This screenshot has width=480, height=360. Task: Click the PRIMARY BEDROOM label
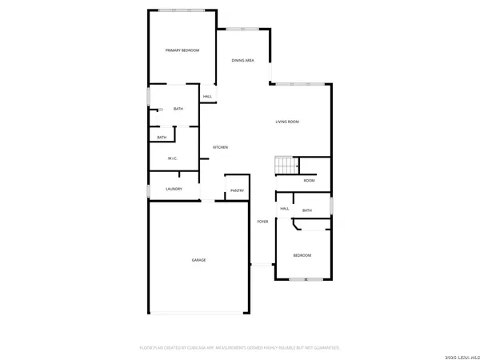(x=182, y=50)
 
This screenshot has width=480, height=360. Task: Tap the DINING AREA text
(x=243, y=61)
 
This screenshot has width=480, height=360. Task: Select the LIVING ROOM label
(x=287, y=122)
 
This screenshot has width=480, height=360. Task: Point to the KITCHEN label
(x=220, y=148)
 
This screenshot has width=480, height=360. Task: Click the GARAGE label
(x=198, y=261)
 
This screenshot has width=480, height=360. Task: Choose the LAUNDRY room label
(x=174, y=189)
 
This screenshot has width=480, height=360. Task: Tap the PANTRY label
(x=237, y=190)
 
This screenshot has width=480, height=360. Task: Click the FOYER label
(x=262, y=222)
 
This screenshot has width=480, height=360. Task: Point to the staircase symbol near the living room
(x=286, y=166)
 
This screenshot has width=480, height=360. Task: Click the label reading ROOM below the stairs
(x=309, y=181)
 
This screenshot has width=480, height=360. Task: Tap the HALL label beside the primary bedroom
(x=207, y=97)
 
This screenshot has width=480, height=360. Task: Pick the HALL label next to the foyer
(x=284, y=209)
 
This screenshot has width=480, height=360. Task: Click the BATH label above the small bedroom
(x=306, y=210)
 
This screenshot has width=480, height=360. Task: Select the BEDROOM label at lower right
(x=302, y=255)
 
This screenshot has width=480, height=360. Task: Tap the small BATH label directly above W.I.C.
(x=162, y=137)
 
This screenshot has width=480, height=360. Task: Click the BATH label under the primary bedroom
(x=178, y=109)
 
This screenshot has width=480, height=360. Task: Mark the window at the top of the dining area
(x=238, y=29)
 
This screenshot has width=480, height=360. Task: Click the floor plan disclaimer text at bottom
(x=240, y=348)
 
